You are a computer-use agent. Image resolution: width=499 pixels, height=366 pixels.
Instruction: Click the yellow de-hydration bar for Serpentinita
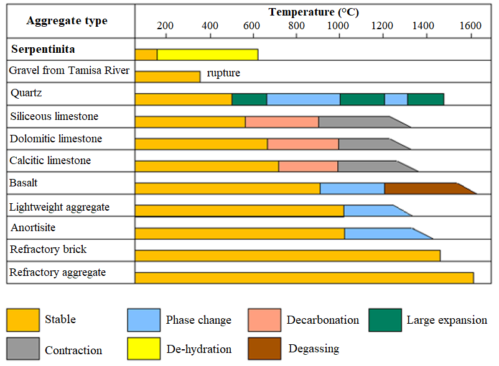click(207, 55)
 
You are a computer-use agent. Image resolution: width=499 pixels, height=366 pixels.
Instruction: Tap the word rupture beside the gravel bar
click(223, 73)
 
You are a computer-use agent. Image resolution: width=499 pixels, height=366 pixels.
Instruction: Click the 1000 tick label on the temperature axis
click(338, 25)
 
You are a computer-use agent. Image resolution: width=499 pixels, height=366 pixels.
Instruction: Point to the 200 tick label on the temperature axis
click(165, 25)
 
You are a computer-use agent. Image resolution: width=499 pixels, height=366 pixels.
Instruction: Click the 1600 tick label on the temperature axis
click(470, 25)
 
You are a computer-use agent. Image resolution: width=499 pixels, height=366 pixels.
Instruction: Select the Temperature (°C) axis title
click(314, 12)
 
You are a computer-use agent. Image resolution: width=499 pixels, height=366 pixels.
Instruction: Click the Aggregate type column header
click(67, 21)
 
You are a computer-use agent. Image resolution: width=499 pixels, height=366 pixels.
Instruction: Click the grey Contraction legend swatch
click(23, 349)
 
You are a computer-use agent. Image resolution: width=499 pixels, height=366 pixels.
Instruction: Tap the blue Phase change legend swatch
click(144, 320)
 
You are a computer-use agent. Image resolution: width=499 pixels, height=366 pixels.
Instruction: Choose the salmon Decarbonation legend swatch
click(264, 320)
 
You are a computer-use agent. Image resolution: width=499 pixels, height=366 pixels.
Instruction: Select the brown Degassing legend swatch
click(264, 349)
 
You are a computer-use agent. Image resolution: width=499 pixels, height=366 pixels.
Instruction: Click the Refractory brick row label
click(48, 250)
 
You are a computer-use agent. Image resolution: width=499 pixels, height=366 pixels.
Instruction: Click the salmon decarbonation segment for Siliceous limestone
click(281, 122)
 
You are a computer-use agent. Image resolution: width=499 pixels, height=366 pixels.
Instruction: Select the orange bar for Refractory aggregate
click(304, 278)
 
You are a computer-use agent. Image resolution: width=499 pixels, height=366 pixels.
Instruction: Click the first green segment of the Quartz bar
click(249, 99)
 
